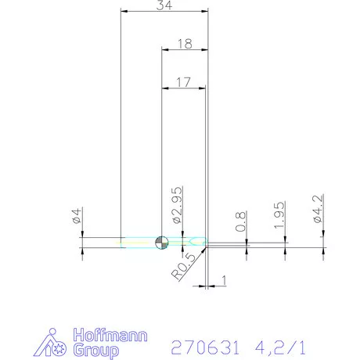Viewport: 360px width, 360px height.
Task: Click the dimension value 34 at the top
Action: click(165, 6)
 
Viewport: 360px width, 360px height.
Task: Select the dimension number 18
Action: click(185, 45)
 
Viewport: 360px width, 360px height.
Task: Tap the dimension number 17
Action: click(183, 81)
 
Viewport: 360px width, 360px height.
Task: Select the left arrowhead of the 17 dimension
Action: click(164, 87)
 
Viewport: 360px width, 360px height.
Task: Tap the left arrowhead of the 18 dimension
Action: click(164, 50)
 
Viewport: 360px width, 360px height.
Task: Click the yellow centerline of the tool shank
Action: click(141, 243)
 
